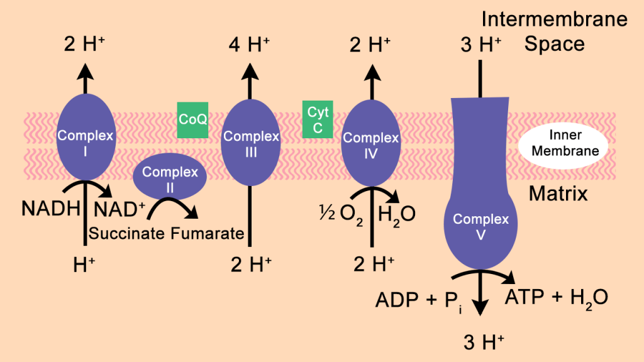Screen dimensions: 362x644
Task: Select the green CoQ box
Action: [192, 119]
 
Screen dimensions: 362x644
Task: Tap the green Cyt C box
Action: [318, 119]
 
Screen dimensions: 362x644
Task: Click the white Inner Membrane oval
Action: [559, 143]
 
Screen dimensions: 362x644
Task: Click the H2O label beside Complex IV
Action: [396, 214]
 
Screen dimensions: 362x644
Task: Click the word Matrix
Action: [558, 194]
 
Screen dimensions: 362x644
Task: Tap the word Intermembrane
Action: [554, 19]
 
